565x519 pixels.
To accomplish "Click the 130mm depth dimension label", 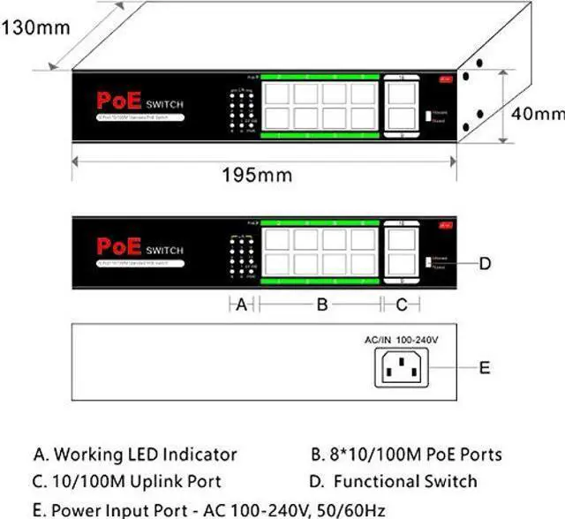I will point(34,26).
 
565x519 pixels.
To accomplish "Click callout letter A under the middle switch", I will point(240,305).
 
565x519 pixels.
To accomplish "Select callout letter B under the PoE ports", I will point(322,305).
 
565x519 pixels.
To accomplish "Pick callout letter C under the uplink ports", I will point(402,305).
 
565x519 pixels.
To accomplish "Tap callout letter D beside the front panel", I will point(485,262).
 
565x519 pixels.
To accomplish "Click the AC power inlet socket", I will point(401,366).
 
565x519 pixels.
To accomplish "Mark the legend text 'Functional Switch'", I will point(405,481).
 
